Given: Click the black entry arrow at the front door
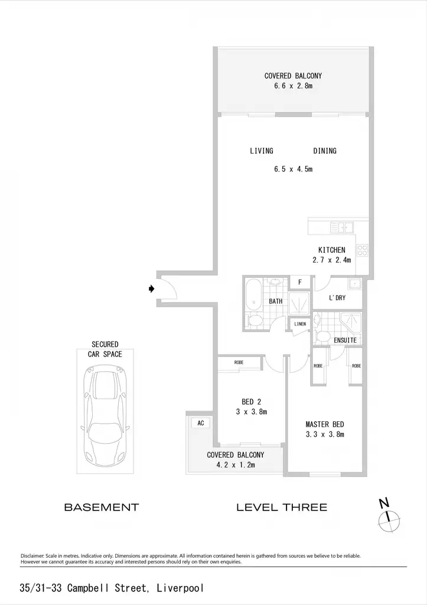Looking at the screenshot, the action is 152,288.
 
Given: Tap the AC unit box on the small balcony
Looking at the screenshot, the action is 201,423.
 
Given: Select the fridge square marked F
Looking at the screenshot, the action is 299,282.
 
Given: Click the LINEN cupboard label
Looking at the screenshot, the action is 299,324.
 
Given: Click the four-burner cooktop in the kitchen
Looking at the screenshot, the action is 363,251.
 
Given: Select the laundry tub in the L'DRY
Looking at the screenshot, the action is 354,284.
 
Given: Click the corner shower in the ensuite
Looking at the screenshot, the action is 351,322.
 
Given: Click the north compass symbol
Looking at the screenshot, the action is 389,517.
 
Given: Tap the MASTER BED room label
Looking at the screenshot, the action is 325,424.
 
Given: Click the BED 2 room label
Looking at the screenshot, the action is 252,402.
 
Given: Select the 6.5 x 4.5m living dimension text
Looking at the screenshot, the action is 293,168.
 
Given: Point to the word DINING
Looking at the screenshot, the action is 325,151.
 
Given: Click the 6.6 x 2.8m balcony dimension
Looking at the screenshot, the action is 293,86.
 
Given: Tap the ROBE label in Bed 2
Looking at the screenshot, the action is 239,362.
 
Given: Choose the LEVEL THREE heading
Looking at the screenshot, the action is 282,507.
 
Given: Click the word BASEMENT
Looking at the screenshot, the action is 102,507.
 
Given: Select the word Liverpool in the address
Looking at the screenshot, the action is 180,588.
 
